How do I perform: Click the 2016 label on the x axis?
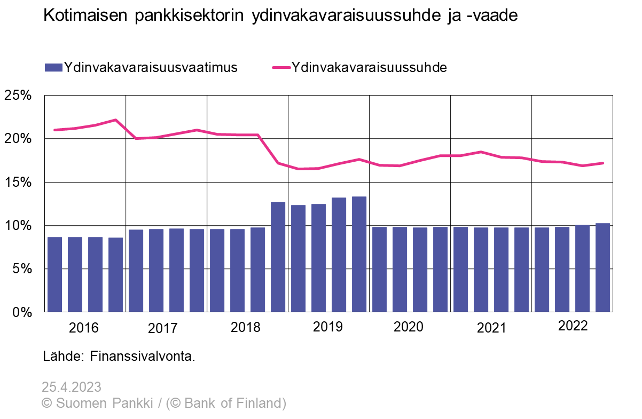pyautogui.click(x=84, y=328)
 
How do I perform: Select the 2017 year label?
pyautogui.click(x=162, y=328)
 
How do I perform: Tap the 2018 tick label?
pyautogui.click(x=245, y=327)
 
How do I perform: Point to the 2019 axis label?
pyautogui.click(x=327, y=327)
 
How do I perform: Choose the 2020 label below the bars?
pyautogui.click(x=408, y=327)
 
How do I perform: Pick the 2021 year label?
pyautogui.click(x=491, y=328)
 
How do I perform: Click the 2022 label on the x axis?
pyautogui.click(x=573, y=326)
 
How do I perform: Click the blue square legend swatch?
pyautogui.click(x=53, y=67)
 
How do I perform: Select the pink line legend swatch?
pyautogui.click(x=281, y=68)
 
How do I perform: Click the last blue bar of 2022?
pyautogui.click(x=603, y=267)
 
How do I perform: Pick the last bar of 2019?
pyautogui.click(x=359, y=254)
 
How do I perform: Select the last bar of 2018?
pyautogui.click(x=278, y=256)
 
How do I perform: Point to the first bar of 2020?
pyautogui.click(x=380, y=269)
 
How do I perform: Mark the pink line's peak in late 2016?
pyautogui.click(x=116, y=120)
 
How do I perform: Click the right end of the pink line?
pyautogui.click(x=603, y=163)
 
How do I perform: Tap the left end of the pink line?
pyautogui.click(x=54, y=130)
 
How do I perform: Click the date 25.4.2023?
pyautogui.click(x=72, y=387)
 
